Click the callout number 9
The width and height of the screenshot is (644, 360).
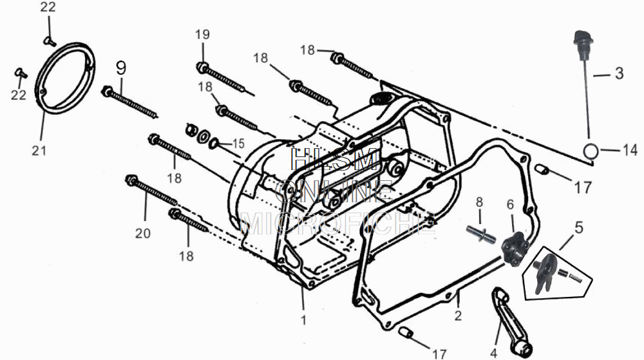pos(121,67)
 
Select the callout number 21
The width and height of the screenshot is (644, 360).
pos(39,151)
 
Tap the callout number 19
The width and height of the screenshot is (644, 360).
pos(202,34)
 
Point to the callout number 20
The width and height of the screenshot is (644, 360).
pos(142,233)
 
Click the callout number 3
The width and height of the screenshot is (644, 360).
pos(618,73)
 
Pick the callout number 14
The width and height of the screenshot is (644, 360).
pos(630,151)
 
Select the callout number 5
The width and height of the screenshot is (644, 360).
pos(578,227)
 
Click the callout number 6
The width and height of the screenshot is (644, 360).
pos(510,204)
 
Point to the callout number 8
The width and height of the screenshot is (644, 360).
pos(478,202)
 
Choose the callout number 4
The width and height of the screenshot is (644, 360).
pos(494,352)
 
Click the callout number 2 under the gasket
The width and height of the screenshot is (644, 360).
pos(458,316)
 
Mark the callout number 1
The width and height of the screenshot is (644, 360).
pos(304,319)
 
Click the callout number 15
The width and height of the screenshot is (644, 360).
pos(238,143)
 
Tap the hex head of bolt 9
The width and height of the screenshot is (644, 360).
pos(107,90)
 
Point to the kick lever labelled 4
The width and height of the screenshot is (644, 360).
pos(510,318)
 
